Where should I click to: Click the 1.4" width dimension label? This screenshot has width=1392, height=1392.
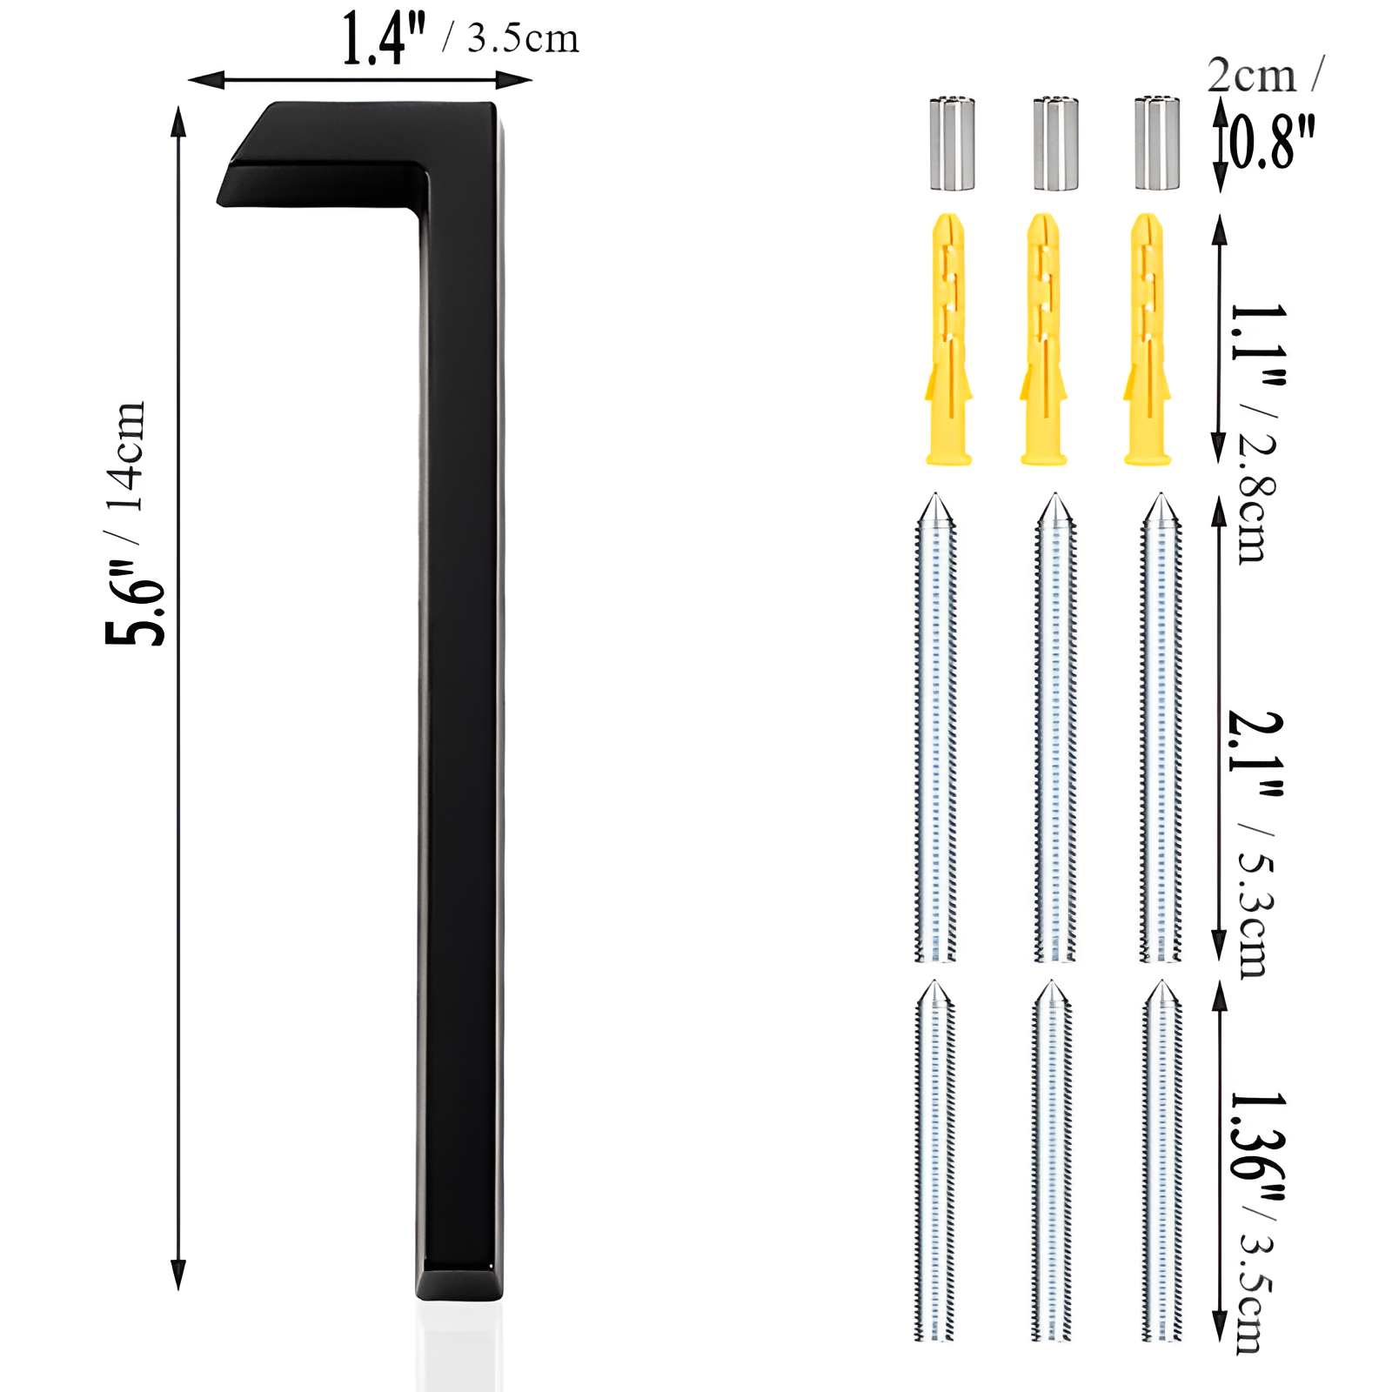(383, 39)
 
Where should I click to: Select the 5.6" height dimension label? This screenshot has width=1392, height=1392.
(135, 605)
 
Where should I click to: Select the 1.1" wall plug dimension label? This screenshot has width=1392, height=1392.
(1257, 344)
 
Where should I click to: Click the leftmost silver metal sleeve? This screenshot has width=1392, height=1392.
(953, 144)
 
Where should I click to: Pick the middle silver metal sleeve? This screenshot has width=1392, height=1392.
(1055, 144)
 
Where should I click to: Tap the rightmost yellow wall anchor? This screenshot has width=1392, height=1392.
(1148, 339)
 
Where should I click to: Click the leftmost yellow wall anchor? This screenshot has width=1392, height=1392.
(948, 339)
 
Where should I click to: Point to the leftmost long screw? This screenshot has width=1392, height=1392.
(935, 731)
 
